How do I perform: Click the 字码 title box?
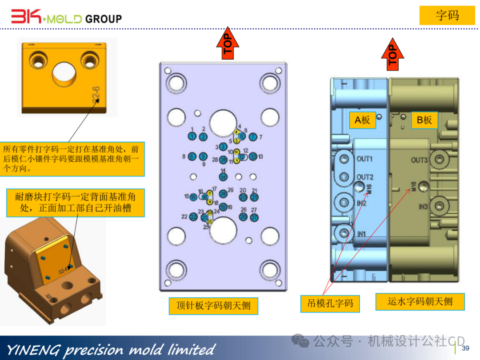point(447,16)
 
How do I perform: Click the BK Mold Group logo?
point(67,18)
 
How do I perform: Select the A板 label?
point(362,120)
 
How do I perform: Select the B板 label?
point(424,120)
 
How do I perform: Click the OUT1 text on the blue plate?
point(365,159)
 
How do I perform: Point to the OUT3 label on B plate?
point(419,160)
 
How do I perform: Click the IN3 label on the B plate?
point(423,207)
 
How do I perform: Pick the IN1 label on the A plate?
point(362,234)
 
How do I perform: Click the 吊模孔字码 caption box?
point(330,304)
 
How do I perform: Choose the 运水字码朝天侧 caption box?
point(420,302)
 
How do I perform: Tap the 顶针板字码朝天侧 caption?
point(213,306)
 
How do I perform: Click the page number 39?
point(466,348)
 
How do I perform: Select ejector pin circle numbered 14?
point(223,177)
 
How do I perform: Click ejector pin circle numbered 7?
point(253,136)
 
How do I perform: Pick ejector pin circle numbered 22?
point(193,217)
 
